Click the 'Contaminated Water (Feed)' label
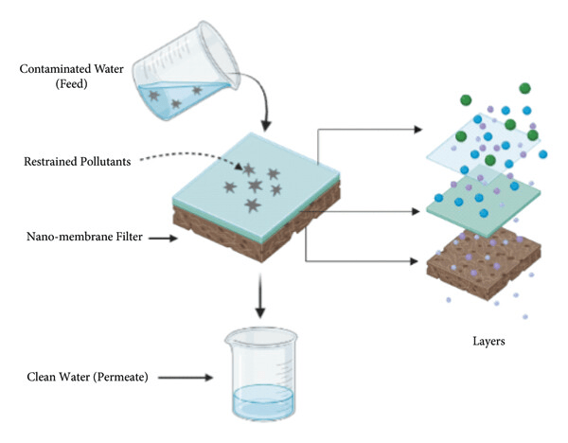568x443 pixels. (71, 77)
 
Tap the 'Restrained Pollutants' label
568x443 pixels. (78, 161)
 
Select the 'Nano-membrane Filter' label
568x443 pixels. (84, 237)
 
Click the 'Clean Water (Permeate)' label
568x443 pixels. (87, 377)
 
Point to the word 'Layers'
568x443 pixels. (488, 341)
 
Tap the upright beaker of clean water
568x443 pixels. (261, 375)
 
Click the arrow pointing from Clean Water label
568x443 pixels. (186, 378)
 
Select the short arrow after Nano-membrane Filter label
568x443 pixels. (163, 238)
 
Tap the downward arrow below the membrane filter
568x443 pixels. (260, 296)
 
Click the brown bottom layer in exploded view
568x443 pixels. (484, 263)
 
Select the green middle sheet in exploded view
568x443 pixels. (484, 202)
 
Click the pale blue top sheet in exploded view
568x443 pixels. (483, 145)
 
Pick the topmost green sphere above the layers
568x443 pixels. (524, 88)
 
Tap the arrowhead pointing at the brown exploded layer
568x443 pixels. (414, 261)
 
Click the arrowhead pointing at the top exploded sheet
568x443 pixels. (418, 129)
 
